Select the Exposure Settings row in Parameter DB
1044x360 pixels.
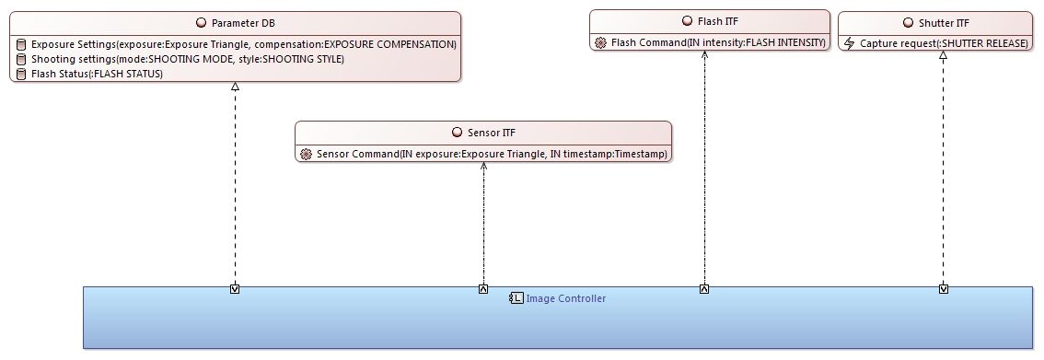click(243, 44)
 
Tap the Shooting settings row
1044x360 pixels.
click(187, 59)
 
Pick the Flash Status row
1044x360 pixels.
click(97, 74)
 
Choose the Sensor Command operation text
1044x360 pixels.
click(492, 154)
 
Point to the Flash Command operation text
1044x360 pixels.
click(719, 42)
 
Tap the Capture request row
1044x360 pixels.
click(944, 43)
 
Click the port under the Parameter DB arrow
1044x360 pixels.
click(236, 289)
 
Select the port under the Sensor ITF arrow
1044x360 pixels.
click(483, 289)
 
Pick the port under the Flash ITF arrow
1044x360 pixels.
click(704, 289)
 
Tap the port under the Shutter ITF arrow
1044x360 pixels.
click(944, 289)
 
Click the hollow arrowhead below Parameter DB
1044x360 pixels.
click(236, 87)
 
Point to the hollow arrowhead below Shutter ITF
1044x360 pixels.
click(943, 56)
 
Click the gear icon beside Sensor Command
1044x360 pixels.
click(307, 154)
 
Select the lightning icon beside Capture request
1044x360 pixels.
click(850, 43)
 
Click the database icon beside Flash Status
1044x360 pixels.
click(21, 74)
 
